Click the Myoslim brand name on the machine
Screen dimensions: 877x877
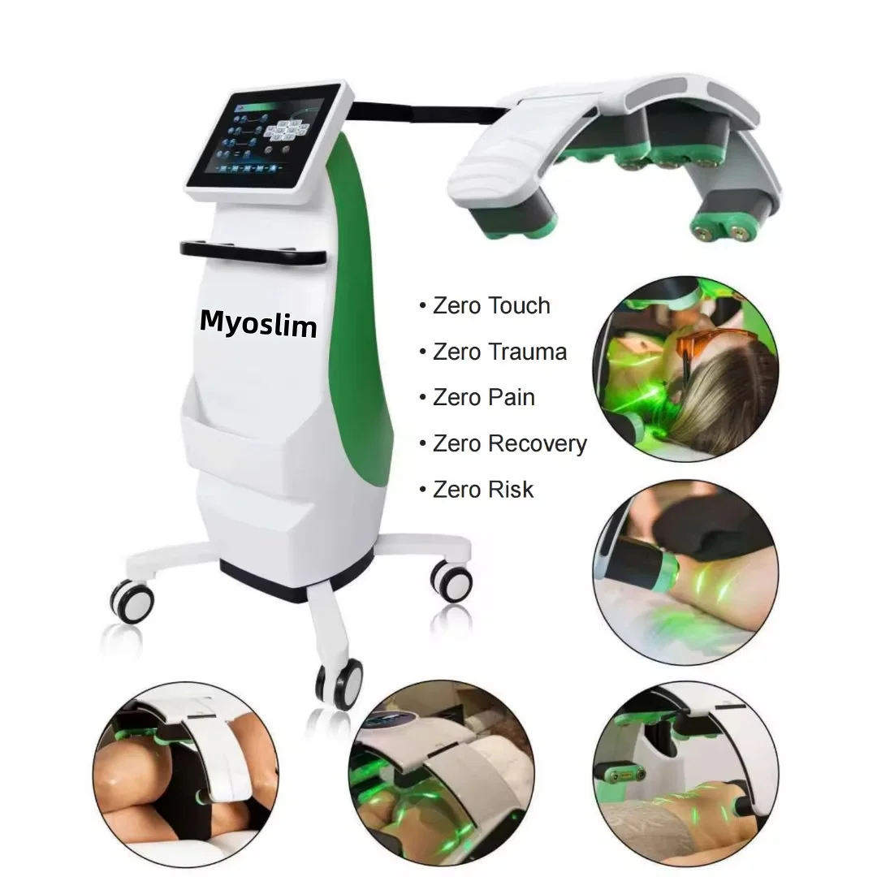tap(258, 323)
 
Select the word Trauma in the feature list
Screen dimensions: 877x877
tap(527, 352)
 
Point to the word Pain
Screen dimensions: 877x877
tap(511, 397)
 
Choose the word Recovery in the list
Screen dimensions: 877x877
tap(537, 443)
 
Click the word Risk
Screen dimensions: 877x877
tap(510, 490)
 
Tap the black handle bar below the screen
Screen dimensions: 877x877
tap(253, 253)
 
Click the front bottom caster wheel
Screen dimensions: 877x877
tap(339, 684)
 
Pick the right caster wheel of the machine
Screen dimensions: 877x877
tap(451, 581)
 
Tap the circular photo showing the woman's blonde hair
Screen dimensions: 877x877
tap(685, 369)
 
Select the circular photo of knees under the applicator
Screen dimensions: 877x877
tap(186, 775)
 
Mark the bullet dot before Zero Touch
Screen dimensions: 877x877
tap(423, 306)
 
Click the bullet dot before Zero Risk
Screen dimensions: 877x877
tap(423, 490)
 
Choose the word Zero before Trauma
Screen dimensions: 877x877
tap(456, 352)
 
